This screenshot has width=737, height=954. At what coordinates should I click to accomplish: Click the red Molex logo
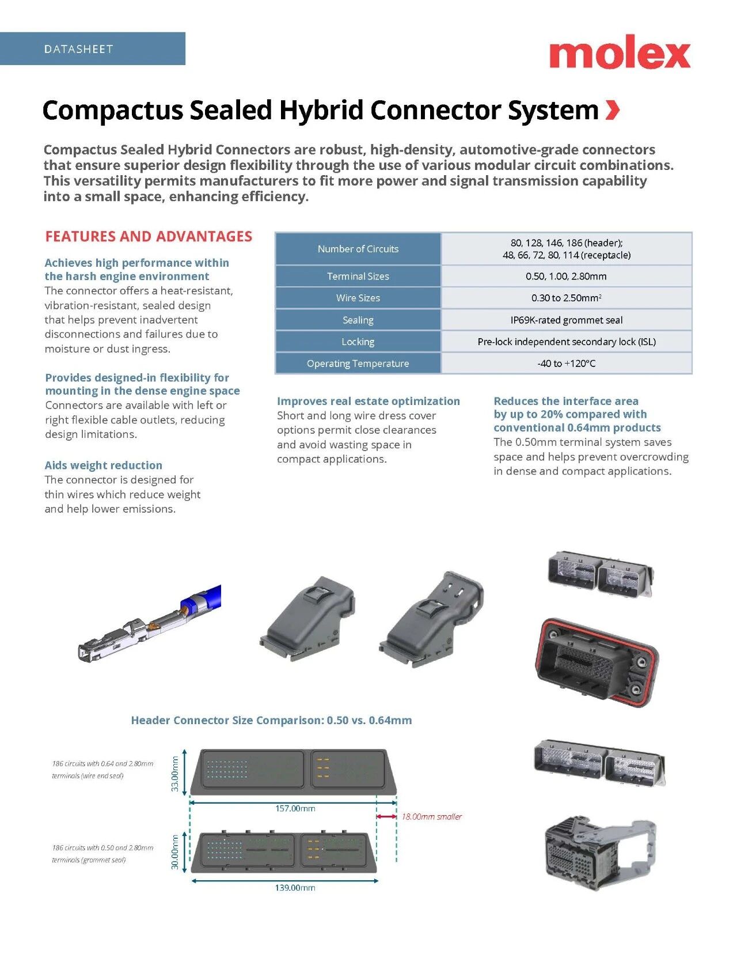pyautogui.click(x=620, y=53)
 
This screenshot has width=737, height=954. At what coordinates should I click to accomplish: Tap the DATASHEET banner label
pyautogui.click(x=78, y=49)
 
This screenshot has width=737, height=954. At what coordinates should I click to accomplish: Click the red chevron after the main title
pyautogui.click(x=613, y=109)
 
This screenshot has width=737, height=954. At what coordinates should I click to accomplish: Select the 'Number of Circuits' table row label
pyautogui.click(x=358, y=249)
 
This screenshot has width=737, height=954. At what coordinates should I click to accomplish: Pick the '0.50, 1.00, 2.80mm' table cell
pyautogui.click(x=566, y=277)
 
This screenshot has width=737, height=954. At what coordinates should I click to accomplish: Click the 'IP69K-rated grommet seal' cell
pyautogui.click(x=566, y=320)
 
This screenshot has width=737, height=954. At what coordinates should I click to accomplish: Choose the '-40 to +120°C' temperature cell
pyautogui.click(x=566, y=364)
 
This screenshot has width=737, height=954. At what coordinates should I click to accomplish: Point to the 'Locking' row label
pyautogui.click(x=358, y=342)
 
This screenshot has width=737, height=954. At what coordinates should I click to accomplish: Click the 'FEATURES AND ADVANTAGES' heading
pyautogui.click(x=149, y=236)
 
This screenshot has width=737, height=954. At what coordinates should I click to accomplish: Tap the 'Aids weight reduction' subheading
pyautogui.click(x=104, y=465)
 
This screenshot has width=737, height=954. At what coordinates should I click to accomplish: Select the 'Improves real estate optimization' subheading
pyautogui.click(x=368, y=401)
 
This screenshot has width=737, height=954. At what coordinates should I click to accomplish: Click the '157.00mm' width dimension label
pyautogui.click(x=295, y=808)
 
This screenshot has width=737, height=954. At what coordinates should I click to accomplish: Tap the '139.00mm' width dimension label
pyautogui.click(x=295, y=888)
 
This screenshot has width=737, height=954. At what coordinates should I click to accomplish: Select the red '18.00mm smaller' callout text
pyautogui.click(x=431, y=816)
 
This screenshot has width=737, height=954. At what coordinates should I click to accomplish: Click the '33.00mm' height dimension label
pyautogui.click(x=176, y=774)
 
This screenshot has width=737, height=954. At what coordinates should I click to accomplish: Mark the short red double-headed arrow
pyautogui.click(x=386, y=816)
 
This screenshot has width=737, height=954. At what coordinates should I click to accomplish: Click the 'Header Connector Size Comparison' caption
pyautogui.click(x=271, y=720)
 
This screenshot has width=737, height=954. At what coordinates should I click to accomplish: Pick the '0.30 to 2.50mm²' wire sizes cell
pyautogui.click(x=566, y=298)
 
